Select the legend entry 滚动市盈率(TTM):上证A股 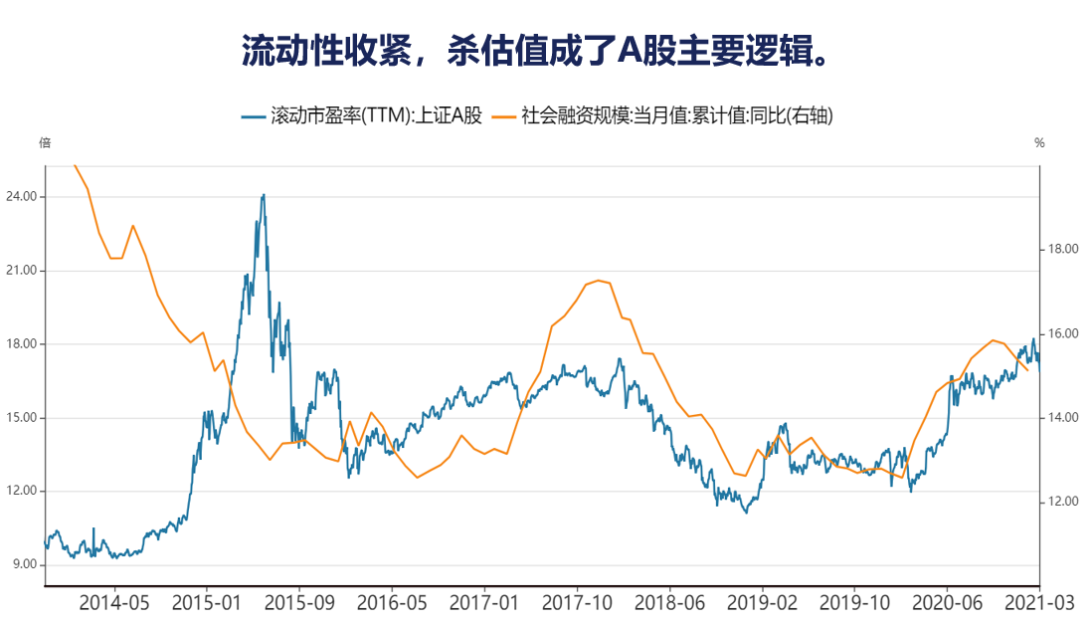tap(362, 116)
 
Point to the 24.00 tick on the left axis tap(23, 197)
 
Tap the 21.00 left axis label tap(23, 271)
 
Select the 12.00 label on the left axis tap(23, 491)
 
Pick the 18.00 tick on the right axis tap(1058, 249)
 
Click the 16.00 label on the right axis tap(1058, 333)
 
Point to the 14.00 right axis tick tap(1058, 418)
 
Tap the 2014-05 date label tap(113, 602)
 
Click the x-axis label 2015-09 tap(299, 602)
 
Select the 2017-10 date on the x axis tap(578, 602)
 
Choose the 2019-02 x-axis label tap(763, 602)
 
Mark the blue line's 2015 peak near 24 tap(264, 195)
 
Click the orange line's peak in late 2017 tap(598, 281)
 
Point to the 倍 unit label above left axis tap(45, 143)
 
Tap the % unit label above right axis tap(1039, 143)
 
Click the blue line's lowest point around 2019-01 tap(746, 512)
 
